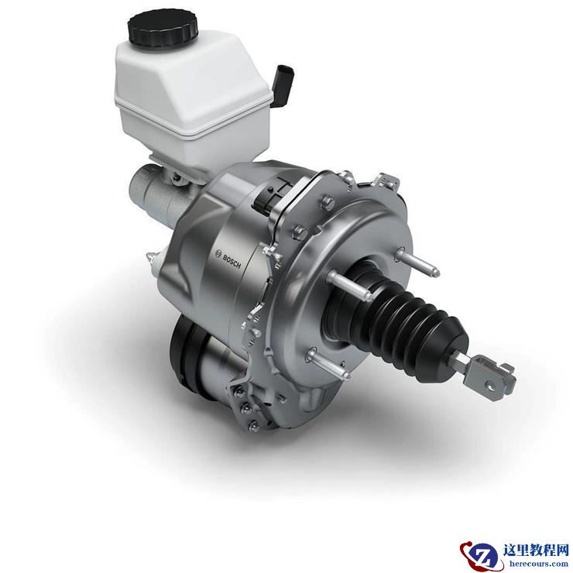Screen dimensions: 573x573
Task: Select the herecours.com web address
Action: (x=536, y=563)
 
